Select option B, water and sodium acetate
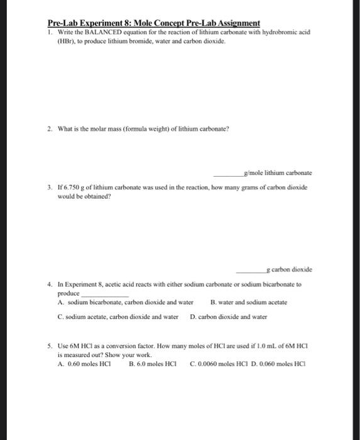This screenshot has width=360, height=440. [248, 302]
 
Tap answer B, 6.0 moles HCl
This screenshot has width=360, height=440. [153, 364]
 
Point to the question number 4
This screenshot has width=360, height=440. [49, 284]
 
